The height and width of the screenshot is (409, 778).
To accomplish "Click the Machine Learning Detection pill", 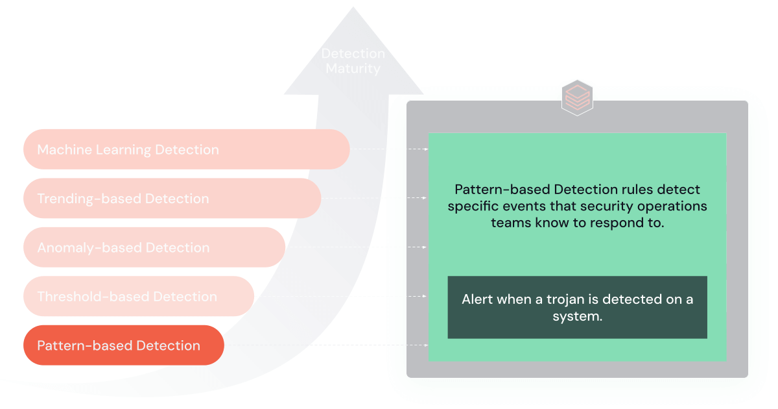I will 186,149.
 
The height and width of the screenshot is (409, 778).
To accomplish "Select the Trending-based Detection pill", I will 172,199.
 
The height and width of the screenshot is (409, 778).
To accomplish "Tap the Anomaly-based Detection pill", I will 154,247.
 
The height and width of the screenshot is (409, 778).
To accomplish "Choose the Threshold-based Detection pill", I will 138,297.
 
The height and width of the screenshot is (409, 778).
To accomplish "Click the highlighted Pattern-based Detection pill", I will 123,345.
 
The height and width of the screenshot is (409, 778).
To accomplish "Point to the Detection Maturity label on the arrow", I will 353,61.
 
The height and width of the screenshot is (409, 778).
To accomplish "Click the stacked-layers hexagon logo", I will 577,98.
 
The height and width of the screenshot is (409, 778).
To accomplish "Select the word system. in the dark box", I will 577,317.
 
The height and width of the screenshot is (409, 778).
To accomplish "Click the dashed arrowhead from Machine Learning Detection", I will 426,149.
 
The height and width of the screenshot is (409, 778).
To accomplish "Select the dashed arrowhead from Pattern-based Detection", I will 426,345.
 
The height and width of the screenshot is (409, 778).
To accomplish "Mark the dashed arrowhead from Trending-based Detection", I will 426,198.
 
